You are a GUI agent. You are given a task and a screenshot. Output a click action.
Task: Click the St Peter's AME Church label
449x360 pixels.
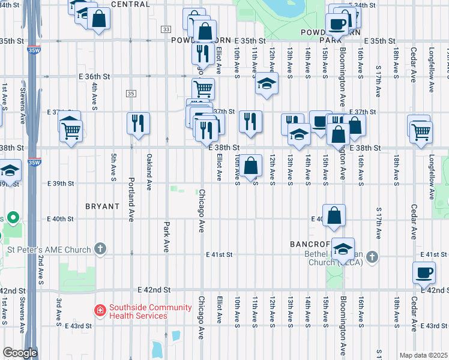point(49,250)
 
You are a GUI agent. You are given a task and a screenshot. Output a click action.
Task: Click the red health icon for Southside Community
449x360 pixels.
point(100,311)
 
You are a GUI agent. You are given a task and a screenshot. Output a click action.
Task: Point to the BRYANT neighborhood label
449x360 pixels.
point(102,206)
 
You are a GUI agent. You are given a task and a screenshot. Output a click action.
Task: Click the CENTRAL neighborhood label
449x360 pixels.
point(130,4)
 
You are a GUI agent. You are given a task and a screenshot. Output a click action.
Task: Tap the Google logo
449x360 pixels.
point(19,353)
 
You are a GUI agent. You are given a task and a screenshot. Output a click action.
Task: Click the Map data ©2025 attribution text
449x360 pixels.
point(423,355)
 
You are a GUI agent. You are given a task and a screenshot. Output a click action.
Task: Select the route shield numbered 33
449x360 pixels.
point(166,29)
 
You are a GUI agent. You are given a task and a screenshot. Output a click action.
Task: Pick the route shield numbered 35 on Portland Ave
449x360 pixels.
point(130,93)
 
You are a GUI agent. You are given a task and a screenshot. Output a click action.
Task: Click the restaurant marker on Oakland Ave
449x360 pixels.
point(139,123)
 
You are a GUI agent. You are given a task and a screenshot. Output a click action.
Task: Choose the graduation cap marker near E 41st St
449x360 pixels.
point(343,248)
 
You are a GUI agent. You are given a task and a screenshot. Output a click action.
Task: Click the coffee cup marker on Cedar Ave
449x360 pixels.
point(424,272)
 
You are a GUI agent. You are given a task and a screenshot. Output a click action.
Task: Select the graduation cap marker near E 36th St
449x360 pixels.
point(267,83)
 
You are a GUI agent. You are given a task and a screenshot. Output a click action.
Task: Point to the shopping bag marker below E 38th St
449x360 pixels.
point(253,165)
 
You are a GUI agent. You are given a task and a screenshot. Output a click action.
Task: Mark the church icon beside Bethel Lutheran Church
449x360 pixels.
point(372,257)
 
